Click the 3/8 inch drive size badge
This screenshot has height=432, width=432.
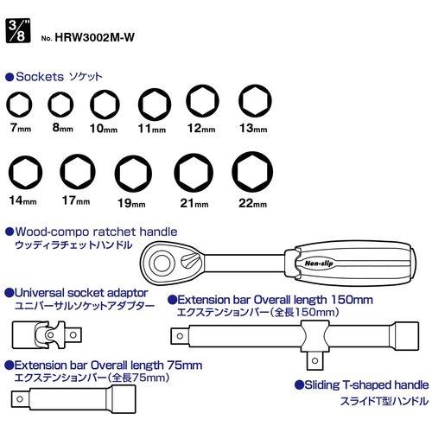point(18,31)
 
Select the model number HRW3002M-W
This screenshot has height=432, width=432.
point(94,37)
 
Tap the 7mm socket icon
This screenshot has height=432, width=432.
point(19,105)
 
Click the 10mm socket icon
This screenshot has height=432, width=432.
point(105,105)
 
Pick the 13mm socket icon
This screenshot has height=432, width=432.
point(255,101)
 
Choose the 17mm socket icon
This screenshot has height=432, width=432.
point(78,172)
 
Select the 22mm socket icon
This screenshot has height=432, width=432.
point(252,172)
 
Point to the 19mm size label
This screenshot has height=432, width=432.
point(131,203)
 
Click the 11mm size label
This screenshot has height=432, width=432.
point(152,129)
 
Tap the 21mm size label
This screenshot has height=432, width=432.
point(194,203)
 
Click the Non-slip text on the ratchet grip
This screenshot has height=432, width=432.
point(319,264)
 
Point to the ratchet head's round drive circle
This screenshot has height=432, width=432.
point(162,263)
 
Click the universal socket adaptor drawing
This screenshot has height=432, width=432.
point(47,335)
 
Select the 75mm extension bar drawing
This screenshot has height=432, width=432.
point(73,399)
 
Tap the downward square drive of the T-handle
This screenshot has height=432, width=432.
point(314,360)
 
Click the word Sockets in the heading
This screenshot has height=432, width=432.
point(40,77)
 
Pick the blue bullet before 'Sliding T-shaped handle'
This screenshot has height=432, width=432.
point(300,385)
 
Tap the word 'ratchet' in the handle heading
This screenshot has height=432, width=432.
point(114,232)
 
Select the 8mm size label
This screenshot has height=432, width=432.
point(62,128)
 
